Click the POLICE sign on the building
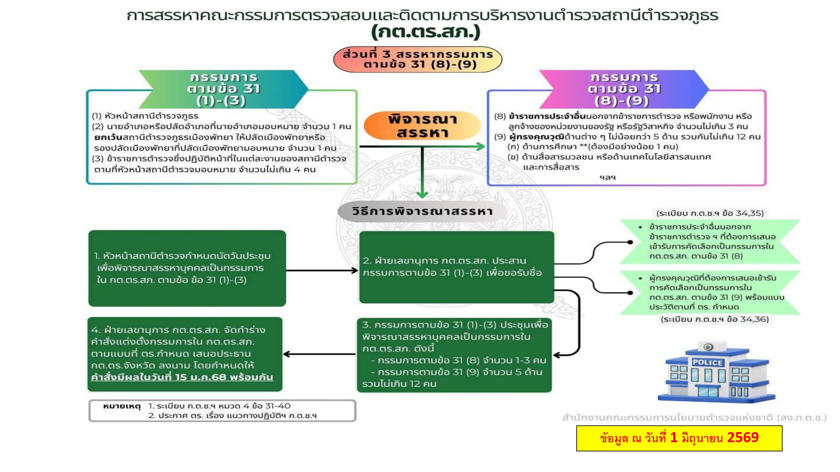[708, 362]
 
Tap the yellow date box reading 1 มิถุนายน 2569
[679, 438]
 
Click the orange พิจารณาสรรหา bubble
[422, 125]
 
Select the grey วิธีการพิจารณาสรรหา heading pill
[422, 211]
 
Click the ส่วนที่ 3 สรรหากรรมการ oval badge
[418, 59]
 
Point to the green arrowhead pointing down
[422, 194]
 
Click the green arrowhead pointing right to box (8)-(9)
[480, 146]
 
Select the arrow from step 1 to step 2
[322, 271]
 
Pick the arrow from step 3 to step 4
[320, 354]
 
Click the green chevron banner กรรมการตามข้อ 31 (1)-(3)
[223, 89]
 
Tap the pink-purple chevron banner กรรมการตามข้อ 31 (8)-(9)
[624, 89]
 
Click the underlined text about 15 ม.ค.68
[182, 377]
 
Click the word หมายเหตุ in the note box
[122, 406]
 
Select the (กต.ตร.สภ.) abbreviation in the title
[425, 32]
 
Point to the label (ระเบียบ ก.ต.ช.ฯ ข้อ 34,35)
[710, 213]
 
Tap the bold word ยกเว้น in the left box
[108, 137]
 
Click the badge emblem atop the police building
[708, 347]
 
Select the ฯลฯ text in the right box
[607, 177]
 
